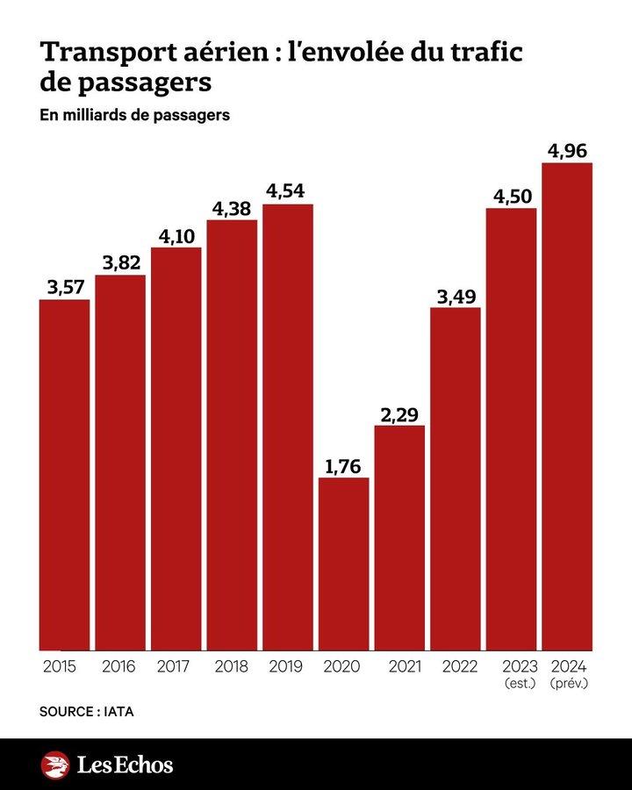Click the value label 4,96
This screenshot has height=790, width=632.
tap(567, 152)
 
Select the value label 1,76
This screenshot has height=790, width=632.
tap(344, 466)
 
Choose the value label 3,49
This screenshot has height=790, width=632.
tap(456, 297)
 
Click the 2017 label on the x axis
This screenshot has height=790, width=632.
tap(176, 666)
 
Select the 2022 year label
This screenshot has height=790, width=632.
tap(456, 666)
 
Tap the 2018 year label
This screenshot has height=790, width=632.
tap(232, 666)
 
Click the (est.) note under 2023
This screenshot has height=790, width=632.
tap(517, 682)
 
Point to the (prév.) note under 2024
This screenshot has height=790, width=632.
tap(569, 682)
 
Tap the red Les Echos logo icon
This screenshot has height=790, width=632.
tap(55, 765)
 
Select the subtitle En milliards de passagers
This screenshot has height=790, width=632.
tap(134, 115)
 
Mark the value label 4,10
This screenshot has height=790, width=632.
tap(176, 236)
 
